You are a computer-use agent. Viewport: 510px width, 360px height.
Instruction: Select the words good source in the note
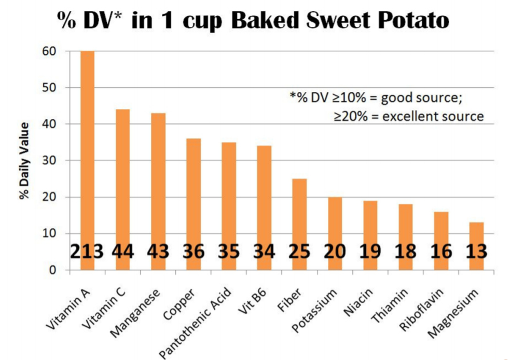click(x=415, y=96)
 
